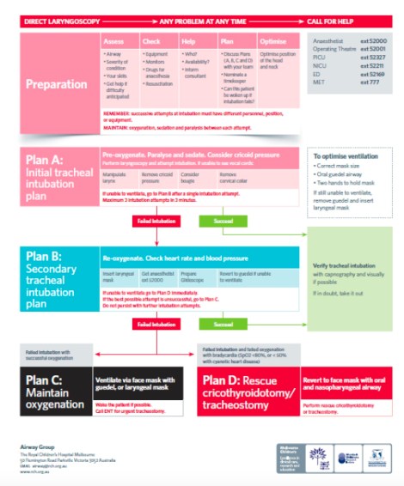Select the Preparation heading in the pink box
click(x=57, y=84)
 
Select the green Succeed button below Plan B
click(x=223, y=325)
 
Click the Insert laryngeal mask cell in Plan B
click(x=114, y=276)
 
